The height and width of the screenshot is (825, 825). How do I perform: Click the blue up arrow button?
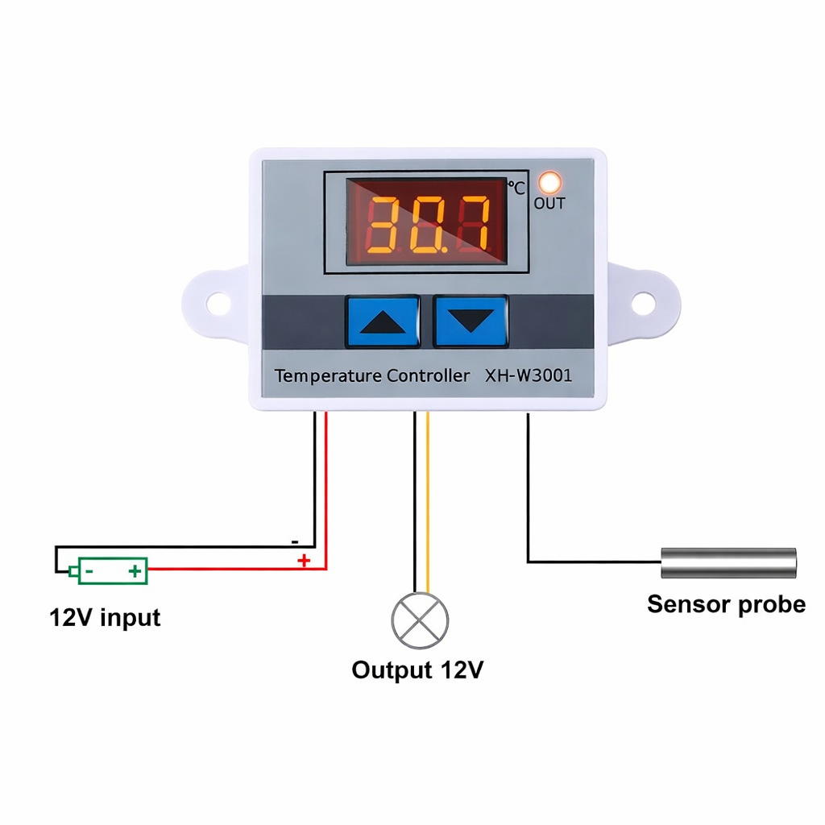383,321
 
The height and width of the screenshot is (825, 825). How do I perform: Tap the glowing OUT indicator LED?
550,182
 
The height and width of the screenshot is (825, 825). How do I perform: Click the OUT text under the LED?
549,204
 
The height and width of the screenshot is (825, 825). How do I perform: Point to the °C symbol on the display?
516,188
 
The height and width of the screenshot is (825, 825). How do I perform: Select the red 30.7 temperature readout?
428,223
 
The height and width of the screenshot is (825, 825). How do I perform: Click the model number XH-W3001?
529,375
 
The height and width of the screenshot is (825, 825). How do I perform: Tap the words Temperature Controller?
372,375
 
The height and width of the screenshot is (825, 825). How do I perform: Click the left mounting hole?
218,304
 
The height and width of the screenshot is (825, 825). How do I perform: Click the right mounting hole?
642,304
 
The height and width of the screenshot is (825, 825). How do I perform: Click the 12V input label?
105,618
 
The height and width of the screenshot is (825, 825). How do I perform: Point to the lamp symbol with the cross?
420,620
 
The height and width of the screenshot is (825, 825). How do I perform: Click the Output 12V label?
417,670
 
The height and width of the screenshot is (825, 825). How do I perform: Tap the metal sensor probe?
728,562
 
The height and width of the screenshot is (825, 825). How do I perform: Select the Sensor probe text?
726,604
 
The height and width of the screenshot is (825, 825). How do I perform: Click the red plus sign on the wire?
304,560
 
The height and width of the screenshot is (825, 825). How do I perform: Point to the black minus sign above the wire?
295,541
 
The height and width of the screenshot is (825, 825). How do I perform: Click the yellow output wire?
428,500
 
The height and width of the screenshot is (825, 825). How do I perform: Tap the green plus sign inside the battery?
135,572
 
